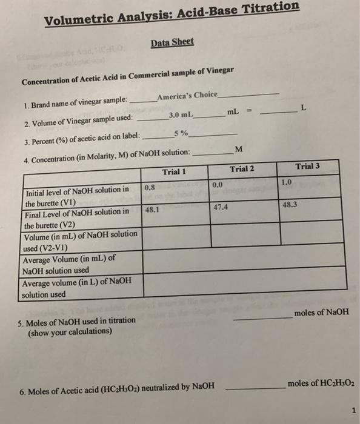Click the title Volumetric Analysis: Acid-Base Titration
pyautogui.click(x=172, y=13)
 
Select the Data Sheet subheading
pyautogui.click(x=172, y=42)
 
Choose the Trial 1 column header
pyautogui.click(x=173, y=171)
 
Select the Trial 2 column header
pyautogui.click(x=242, y=168)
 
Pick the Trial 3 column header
pyautogui.click(x=308, y=165)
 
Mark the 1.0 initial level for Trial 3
pyautogui.click(x=287, y=181)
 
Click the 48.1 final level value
pyautogui.click(x=153, y=210)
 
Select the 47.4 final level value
pyautogui.click(x=221, y=207)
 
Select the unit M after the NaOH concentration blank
pyautogui.click(x=238, y=150)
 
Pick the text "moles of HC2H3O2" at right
pyautogui.click(x=319, y=384)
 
